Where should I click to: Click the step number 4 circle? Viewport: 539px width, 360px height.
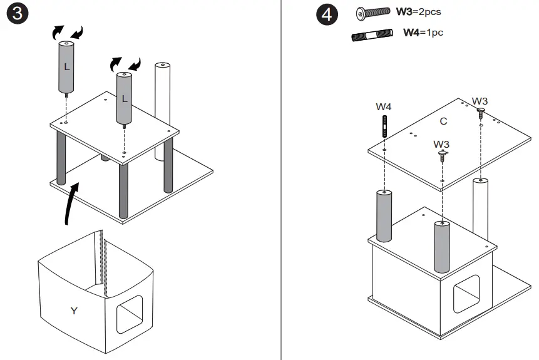pos(326,16)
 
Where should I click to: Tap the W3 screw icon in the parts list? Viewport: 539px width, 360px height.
pos(372,13)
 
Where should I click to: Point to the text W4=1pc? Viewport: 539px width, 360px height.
pos(423,33)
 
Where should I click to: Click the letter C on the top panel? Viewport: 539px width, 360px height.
pos(443,121)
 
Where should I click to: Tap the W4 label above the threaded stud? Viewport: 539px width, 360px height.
pos(384,106)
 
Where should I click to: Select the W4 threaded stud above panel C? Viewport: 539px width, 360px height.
pos(384,128)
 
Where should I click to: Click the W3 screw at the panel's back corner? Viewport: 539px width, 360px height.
pos(480,113)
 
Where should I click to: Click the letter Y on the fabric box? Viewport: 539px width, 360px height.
pos(74,310)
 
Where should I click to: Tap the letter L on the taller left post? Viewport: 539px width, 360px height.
pos(67,65)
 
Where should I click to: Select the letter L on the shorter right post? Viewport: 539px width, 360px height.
pos(124,98)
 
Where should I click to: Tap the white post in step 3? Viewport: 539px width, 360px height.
pos(163,94)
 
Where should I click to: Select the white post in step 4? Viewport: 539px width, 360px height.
pos(481,207)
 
